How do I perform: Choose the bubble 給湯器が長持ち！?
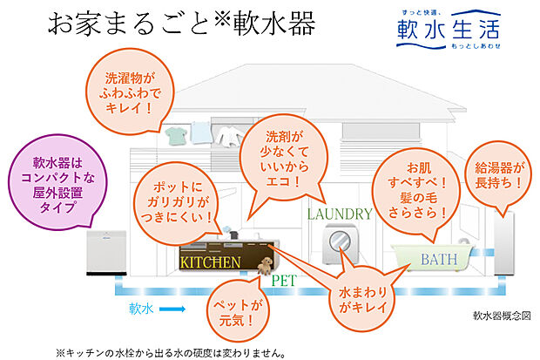point(499,176)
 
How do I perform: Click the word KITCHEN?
point(210,262)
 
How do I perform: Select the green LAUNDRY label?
point(340,213)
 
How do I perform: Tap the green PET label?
point(284,281)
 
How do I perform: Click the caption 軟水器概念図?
point(502,315)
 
